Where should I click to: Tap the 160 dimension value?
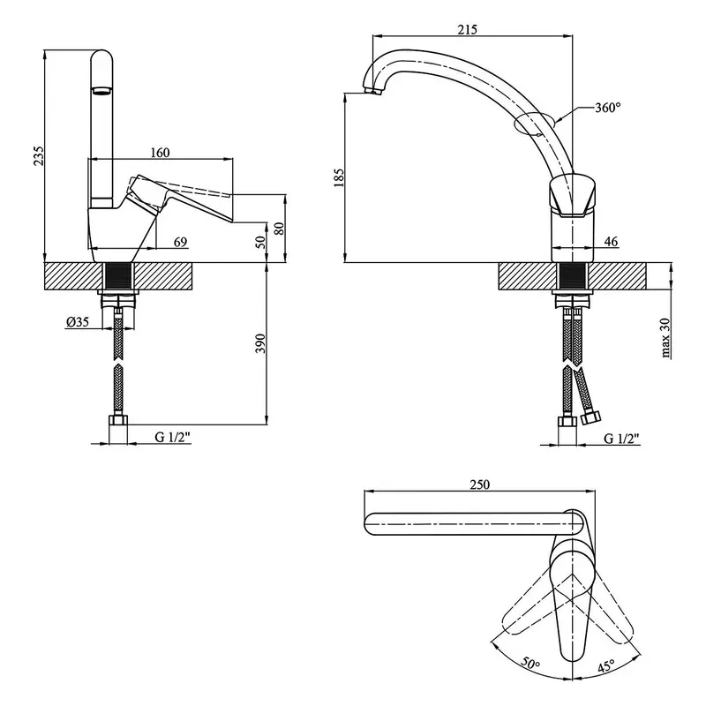coord(160,153)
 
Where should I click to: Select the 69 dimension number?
coord(180,241)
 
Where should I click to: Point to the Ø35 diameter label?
coord(77,322)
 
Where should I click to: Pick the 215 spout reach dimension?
coord(468,30)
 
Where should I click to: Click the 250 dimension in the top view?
coord(479,484)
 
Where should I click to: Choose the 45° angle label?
coord(606,666)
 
